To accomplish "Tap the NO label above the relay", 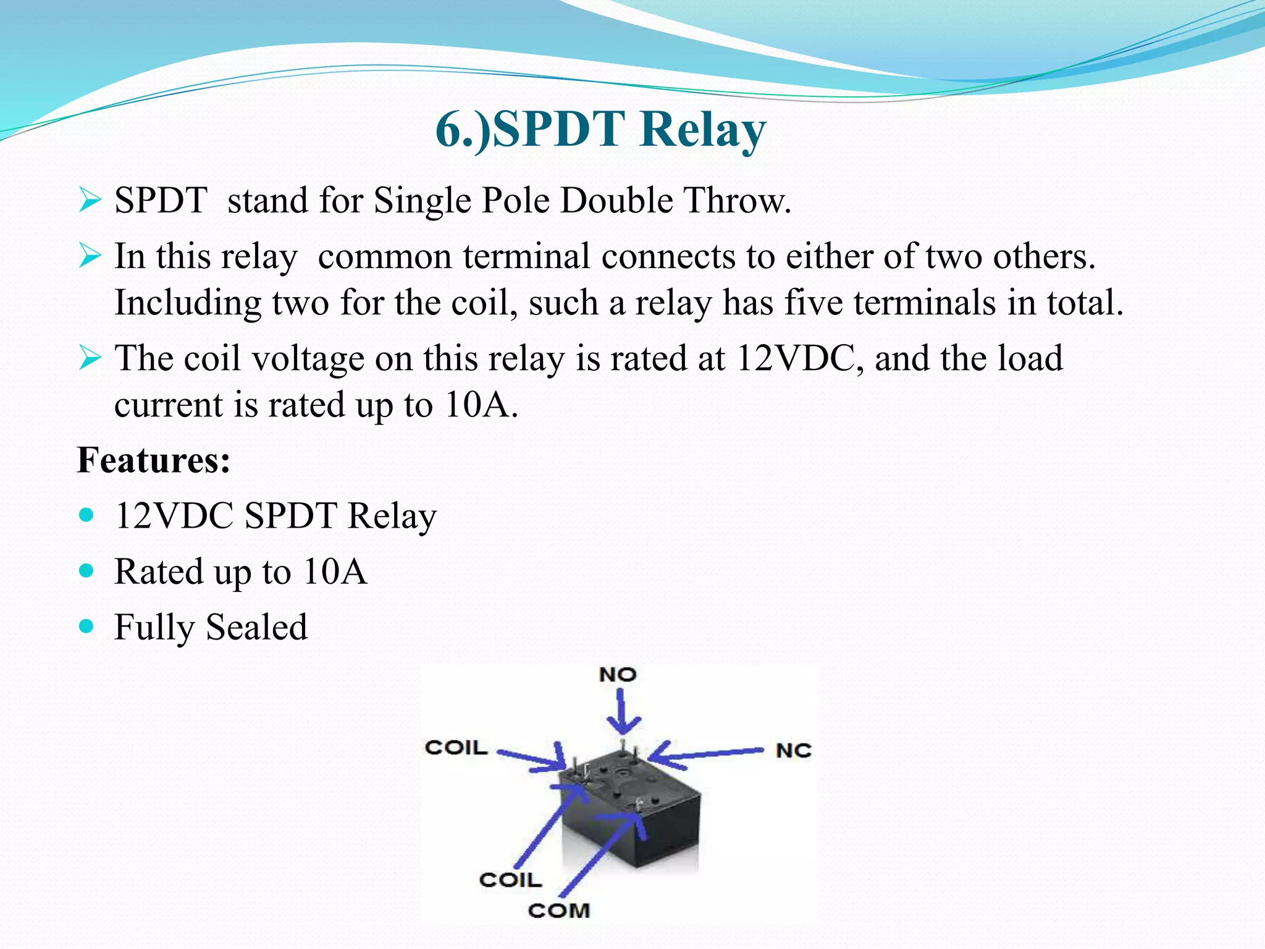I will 617,675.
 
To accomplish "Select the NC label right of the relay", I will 793,751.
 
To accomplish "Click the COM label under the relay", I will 559,910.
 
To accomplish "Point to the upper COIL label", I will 456,748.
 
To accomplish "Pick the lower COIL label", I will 510,880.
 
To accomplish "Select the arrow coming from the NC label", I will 704,754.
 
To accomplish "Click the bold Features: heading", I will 154,460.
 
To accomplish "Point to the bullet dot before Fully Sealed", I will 87,626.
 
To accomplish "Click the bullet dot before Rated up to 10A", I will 87,571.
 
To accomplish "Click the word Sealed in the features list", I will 256,627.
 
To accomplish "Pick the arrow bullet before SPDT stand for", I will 90,201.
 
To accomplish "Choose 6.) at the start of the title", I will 462,130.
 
